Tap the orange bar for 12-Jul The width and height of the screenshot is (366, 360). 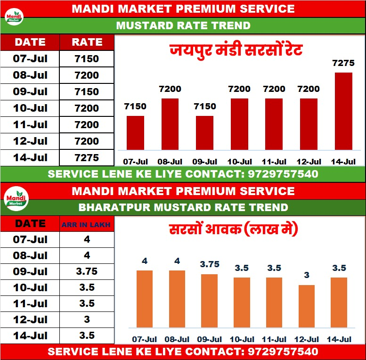306,306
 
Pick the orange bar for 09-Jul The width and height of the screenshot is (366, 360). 209,300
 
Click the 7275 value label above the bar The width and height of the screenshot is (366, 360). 343,63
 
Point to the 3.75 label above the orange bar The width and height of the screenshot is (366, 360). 210,265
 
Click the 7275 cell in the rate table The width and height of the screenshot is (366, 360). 87,157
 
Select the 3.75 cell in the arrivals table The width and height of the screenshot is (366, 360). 87,272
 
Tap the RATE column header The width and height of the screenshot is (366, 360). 87,42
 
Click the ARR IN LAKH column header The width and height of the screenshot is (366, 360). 87,225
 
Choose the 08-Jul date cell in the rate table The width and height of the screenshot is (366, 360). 30,75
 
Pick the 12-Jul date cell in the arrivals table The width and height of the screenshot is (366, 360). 30,319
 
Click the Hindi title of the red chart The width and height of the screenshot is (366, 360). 236,50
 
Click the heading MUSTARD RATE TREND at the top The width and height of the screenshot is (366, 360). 183,25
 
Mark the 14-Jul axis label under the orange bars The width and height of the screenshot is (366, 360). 339,339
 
